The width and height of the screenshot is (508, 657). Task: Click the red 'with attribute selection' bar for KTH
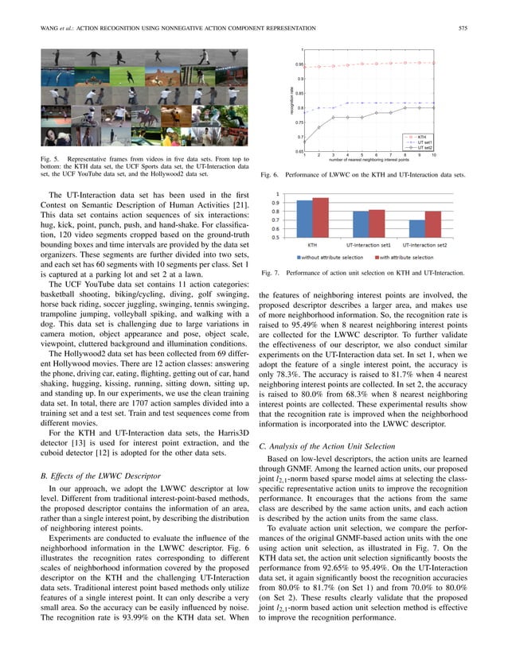(x=321, y=217)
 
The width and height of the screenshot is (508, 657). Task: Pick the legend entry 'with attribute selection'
(x=404, y=257)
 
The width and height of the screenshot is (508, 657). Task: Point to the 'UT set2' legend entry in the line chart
(x=425, y=148)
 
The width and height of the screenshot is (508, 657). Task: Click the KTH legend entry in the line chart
(x=422, y=136)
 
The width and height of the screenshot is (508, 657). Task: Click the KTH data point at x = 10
(x=433, y=62)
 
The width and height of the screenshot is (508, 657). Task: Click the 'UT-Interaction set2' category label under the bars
(x=424, y=246)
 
